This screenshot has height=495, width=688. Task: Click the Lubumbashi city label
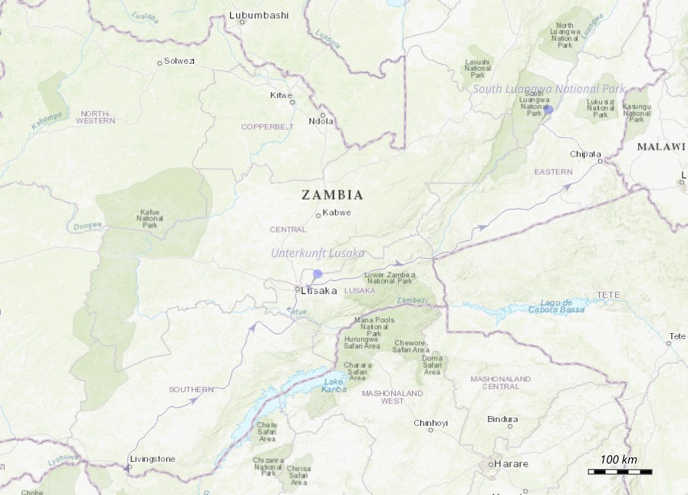[259, 15]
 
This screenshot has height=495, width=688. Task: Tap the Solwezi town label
[179, 61]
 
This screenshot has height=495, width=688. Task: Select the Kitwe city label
[281, 95]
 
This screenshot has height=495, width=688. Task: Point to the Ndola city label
[321, 120]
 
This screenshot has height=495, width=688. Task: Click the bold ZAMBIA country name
[332, 195]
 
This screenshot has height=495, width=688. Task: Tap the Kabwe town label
[337, 213]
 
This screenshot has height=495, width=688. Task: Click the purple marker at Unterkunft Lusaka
[318, 274]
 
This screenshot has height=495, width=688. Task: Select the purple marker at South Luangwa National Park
[548, 110]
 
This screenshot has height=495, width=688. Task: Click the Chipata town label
[586, 153]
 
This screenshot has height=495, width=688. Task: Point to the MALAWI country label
[661, 147]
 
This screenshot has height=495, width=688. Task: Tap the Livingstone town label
[153, 459]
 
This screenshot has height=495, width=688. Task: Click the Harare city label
[511, 464]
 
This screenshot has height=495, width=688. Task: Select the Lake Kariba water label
[334, 385]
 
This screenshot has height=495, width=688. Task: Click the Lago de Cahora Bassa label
[551, 305]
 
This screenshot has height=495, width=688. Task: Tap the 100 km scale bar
[620, 471]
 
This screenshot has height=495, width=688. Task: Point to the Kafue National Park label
[150, 218]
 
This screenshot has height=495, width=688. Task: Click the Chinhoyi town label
[430, 422]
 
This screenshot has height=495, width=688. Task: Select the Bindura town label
[502, 419]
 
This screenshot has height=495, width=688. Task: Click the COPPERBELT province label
[268, 126]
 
